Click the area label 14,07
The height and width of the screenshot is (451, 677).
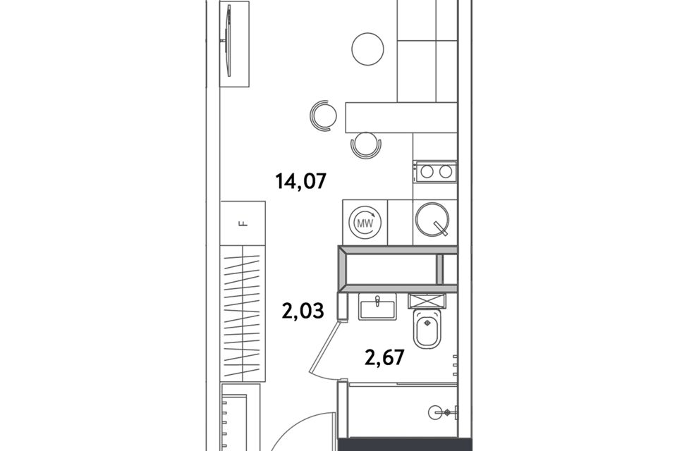pos(301,181)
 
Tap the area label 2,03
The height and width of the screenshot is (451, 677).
pos(303,310)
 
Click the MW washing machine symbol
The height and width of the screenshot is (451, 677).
pos(365,222)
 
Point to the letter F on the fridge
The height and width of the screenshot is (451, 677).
pos(243,223)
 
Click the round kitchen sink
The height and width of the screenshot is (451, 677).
pos(432,220)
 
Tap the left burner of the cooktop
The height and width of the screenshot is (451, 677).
pos(427,172)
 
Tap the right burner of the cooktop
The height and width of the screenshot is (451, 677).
pos(445,172)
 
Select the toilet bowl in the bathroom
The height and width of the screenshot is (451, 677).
pos(427,328)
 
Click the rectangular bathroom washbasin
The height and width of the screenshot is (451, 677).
pos(377,306)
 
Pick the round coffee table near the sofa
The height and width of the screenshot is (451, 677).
pos(368,49)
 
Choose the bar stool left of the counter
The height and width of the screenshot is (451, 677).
pos(323,116)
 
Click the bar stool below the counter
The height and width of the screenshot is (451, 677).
pos(366,145)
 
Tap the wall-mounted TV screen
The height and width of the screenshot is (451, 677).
pos(228,40)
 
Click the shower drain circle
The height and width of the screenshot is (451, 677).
pos(436,412)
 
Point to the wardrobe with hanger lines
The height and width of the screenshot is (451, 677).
pos(243,314)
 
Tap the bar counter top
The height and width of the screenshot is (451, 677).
pos(401,118)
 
